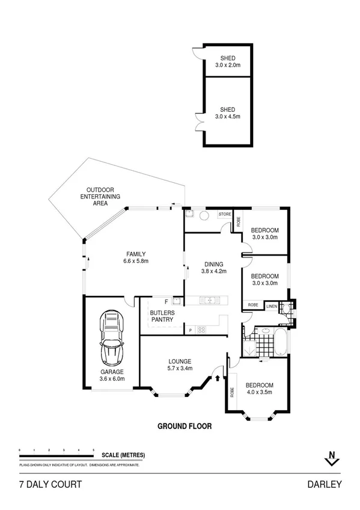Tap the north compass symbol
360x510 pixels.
pyautogui.click(x=329, y=458)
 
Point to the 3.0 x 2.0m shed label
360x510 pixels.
pyautogui.click(x=228, y=62)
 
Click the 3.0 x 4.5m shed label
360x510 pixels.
pyautogui.click(x=228, y=114)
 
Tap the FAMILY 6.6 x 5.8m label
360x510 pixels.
pyautogui.click(x=136, y=257)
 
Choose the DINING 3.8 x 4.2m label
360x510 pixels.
pyautogui.click(x=213, y=268)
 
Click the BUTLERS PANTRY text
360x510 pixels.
pyautogui.click(x=162, y=316)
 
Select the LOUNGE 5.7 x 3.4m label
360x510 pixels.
pyautogui.click(x=180, y=364)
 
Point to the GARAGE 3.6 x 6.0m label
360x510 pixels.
pyautogui.click(x=112, y=375)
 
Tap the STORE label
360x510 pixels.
pyautogui.click(x=224, y=214)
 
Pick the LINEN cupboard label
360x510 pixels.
pyautogui.click(x=272, y=306)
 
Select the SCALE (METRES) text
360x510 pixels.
pyautogui.click(x=123, y=455)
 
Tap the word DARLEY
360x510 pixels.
pyautogui.click(x=325, y=484)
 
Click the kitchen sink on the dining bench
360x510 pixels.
pyautogui.click(x=209, y=300)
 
